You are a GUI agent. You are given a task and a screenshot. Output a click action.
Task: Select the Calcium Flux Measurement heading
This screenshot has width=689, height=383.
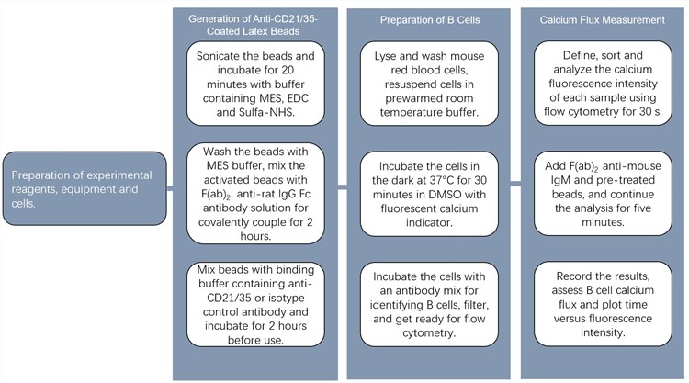602,19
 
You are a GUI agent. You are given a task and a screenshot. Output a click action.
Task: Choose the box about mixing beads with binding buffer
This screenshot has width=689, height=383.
255,304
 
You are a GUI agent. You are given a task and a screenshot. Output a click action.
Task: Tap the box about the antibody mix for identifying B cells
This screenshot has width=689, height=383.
431,304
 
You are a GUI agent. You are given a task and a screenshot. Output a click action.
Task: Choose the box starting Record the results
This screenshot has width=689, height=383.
602,304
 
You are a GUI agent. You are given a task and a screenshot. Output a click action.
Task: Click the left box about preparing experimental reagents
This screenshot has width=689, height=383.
83,188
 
